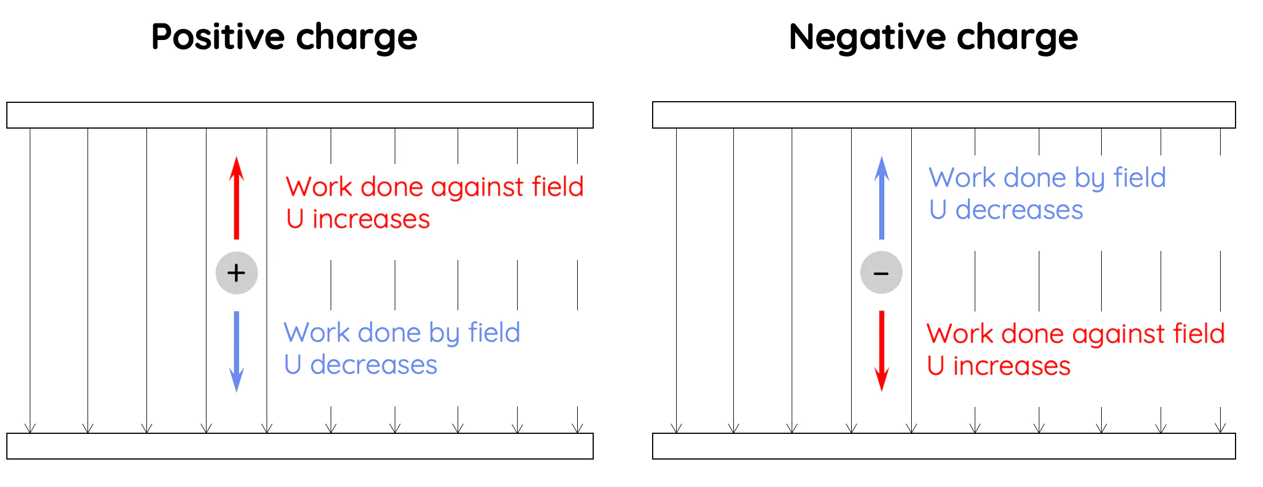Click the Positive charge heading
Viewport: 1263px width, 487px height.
click(x=284, y=37)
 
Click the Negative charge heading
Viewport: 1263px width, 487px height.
click(x=933, y=37)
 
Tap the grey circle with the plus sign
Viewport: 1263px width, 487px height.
click(x=236, y=273)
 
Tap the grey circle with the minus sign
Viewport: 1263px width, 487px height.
click(x=881, y=273)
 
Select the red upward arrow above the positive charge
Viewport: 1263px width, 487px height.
click(x=236, y=198)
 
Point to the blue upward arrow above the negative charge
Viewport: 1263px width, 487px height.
click(x=881, y=198)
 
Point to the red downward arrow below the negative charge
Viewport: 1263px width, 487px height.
click(x=881, y=350)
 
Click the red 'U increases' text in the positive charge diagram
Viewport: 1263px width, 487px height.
click(x=358, y=219)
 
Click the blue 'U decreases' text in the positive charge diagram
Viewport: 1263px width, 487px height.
click(x=360, y=365)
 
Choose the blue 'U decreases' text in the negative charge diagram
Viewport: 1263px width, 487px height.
click(x=1006, y=210)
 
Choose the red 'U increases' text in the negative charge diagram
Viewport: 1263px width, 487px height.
click(x=998, y=366)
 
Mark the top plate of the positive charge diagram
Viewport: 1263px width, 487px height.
click(x=300, y=115)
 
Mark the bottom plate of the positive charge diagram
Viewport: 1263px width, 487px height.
click(x=300, y=446)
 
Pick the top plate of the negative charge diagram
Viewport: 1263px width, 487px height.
click(x=944, y=115)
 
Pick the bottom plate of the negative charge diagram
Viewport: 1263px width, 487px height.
click(x=944, y=446)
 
